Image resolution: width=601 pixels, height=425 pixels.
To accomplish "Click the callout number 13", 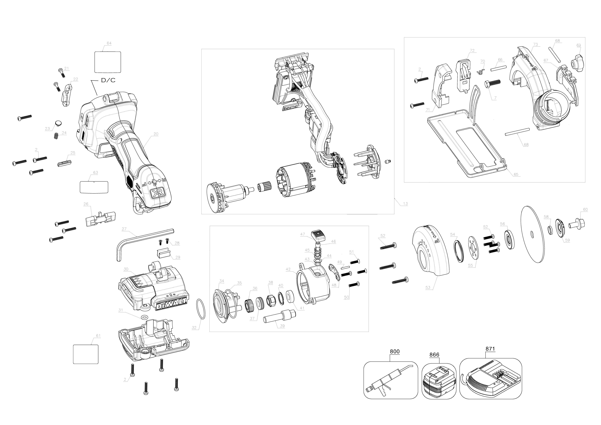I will [405, 204].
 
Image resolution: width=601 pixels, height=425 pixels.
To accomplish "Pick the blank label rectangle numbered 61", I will [86, 354].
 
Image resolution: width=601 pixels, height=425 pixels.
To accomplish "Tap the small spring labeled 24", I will [56, 136].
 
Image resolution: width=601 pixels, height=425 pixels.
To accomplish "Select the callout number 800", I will [395, 351].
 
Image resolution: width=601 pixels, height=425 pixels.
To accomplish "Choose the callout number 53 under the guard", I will [428, 287].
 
